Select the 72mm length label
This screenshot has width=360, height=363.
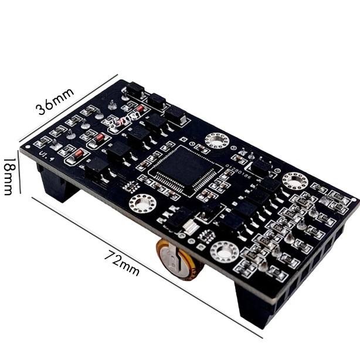pos(123,263)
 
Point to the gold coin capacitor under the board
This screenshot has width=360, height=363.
pos(179,261)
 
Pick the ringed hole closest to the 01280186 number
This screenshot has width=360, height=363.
pos(217,141)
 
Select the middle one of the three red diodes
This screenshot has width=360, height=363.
pos(101,138)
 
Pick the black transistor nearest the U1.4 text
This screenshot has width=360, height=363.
pos(97,167)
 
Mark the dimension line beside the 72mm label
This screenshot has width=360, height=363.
pos(147,267)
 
